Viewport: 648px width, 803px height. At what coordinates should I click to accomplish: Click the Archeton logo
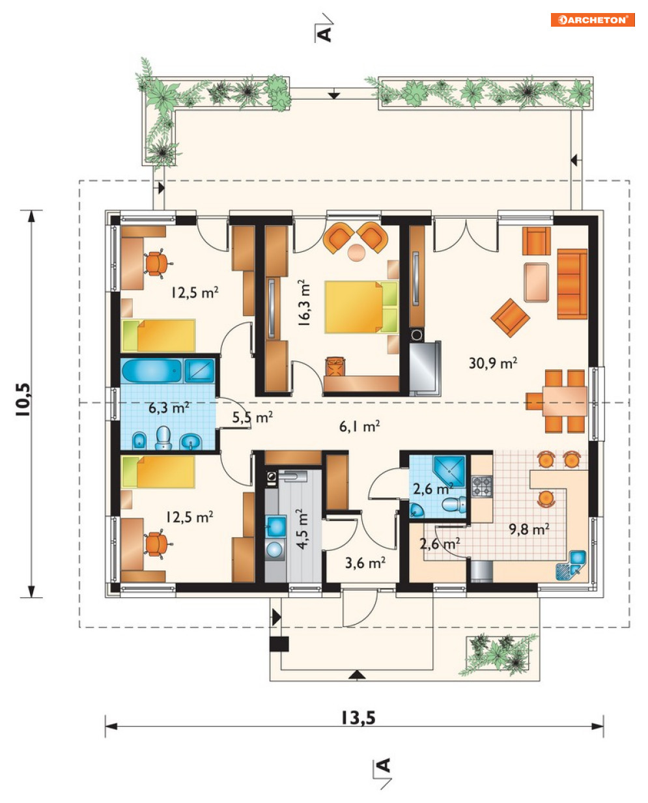[593, 20]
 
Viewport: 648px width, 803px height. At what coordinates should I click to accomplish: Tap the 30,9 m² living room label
[493, 363]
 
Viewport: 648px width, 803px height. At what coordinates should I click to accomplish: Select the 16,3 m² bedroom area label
[304, 303]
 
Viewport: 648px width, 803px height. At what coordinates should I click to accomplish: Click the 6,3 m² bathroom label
[169, 408]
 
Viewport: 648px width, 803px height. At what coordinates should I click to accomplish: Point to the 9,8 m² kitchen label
[529, 529]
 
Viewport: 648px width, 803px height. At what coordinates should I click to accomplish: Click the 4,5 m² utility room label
[303, 529]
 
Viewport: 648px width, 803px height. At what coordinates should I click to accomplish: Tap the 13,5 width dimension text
[358, 718]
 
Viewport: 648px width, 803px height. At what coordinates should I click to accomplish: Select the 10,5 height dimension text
[23, 400]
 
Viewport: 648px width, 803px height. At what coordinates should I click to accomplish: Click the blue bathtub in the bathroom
[152, 371]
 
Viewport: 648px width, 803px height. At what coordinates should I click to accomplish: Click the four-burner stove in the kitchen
[482, 486]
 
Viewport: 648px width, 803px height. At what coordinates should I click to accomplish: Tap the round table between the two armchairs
[356, 253]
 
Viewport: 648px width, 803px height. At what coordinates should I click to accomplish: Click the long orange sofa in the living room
[572, 284]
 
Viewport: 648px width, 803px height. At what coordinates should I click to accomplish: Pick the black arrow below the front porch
[358, 674]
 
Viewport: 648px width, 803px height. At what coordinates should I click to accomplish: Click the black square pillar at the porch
[279, 644]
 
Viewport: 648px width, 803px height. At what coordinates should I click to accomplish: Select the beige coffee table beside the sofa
[537, 283]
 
